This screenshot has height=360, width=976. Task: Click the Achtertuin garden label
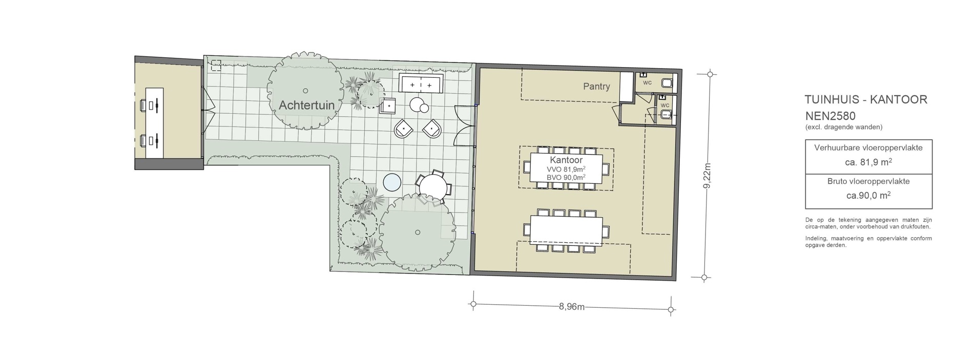[x=306, y=105]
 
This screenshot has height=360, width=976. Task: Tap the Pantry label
[x=596, y=86]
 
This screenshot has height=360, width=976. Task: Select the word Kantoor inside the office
[x=566, y=160]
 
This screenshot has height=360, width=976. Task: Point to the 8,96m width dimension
[x=572, y=307]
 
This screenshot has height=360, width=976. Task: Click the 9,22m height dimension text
[x=708, y=176]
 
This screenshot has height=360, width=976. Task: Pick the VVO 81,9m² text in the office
[x=566, y=169]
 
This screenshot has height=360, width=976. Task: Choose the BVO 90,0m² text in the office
[x=566, y=177]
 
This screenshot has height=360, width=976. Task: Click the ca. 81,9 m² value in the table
[x=868, y=162]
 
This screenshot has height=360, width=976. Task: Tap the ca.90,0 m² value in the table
[x=868, y=195]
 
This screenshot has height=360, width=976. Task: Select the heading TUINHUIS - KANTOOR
[x=866, y=99]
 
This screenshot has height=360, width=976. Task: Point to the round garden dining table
[x=433, y=187]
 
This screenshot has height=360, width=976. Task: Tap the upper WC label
[x=647, y=83]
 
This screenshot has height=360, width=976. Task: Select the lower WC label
[x=664, y=105]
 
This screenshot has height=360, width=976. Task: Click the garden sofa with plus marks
[x=421, y=83]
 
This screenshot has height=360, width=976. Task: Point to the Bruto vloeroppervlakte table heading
[x=868, y=181]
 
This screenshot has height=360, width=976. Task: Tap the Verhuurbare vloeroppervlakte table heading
[x=868, y=148]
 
